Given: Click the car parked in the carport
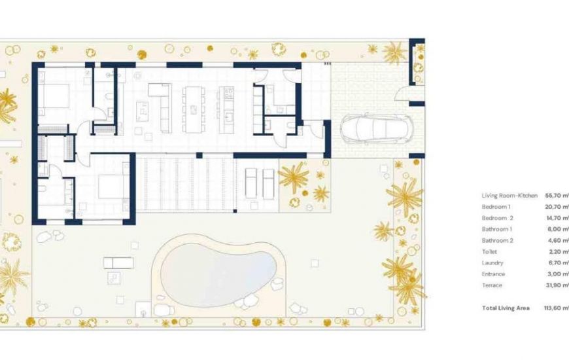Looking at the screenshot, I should (374, 128).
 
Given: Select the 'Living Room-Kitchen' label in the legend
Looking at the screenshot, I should (509, 195).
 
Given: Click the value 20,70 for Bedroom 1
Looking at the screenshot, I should (556, 206).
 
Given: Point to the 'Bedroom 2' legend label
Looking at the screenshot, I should (498, 217).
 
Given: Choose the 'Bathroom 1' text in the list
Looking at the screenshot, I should (497, 228).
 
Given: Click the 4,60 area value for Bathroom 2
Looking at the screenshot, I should (557, 240).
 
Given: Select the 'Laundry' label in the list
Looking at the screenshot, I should (492, 262).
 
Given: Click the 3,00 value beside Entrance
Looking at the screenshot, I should (557, 274).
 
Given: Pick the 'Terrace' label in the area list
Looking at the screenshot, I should (492, 285).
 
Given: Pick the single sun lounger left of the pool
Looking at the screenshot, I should (118, 263).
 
